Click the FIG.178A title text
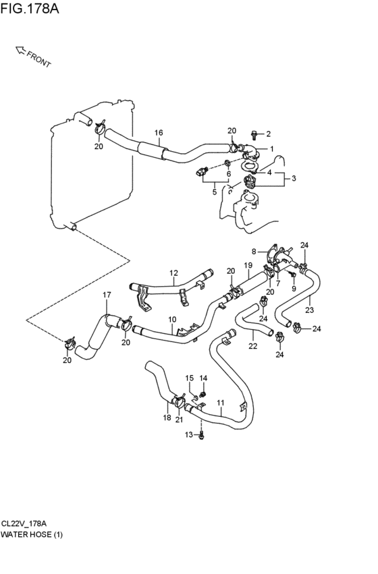click(x=30, y=8)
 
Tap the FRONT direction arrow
click(x=21, y=51)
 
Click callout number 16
click(x=158, y=133)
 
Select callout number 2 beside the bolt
click(x=268, y=134)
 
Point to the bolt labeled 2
click(x=256, y=135)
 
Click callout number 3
click(x=294, y=178)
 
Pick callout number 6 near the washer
click(x=229, y=174)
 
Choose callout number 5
click(x=215, y=192)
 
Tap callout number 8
click(x=254, y=252)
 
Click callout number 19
click(x=248, y=265)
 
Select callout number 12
click(x=173, y=272)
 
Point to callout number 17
click(x=107, y=295)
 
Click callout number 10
click(x=172, y=320)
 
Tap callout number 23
click(x=310, y=310)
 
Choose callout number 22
click(x=252, y=345)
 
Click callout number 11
click(x=220, y=403)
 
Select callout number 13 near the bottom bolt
click(x=188, y=434)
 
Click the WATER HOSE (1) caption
click(x=32, y=534)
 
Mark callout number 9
click(x=294, y=289)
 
